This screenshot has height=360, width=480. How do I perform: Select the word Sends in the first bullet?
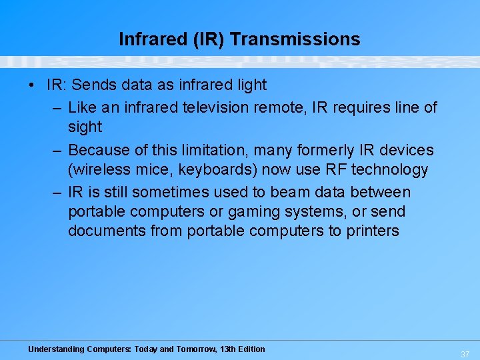point(90,85)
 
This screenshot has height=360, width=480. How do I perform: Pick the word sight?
point(85,127)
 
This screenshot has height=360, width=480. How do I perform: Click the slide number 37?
point(465,354)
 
